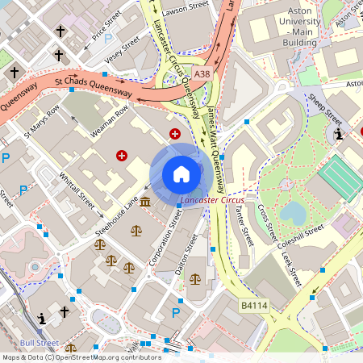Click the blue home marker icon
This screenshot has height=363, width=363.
[181, 174]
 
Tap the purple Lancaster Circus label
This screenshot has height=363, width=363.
[212, 198]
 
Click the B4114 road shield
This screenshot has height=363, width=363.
[253, 307]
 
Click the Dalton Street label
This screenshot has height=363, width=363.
[186, 254]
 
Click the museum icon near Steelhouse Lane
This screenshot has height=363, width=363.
[145, 201]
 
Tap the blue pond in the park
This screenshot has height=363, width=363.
[294, 213]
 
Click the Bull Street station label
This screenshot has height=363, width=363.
[39, 342]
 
